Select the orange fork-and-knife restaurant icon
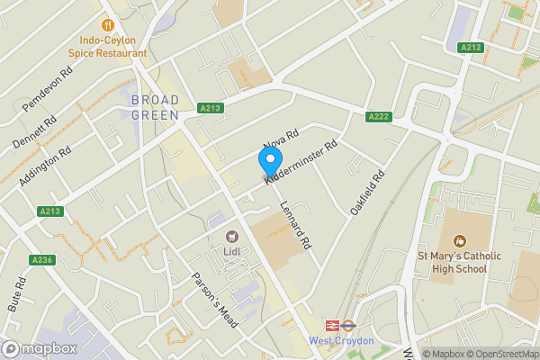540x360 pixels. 109,25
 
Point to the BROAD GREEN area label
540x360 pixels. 155,107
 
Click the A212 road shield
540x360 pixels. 470,47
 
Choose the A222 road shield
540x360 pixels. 378,117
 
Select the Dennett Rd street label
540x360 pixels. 34,131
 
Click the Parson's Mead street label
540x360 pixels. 216,299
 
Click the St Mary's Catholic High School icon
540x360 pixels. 460,240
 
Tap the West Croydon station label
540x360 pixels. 340,341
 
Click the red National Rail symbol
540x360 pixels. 331,326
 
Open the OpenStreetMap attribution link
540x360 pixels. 498,354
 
